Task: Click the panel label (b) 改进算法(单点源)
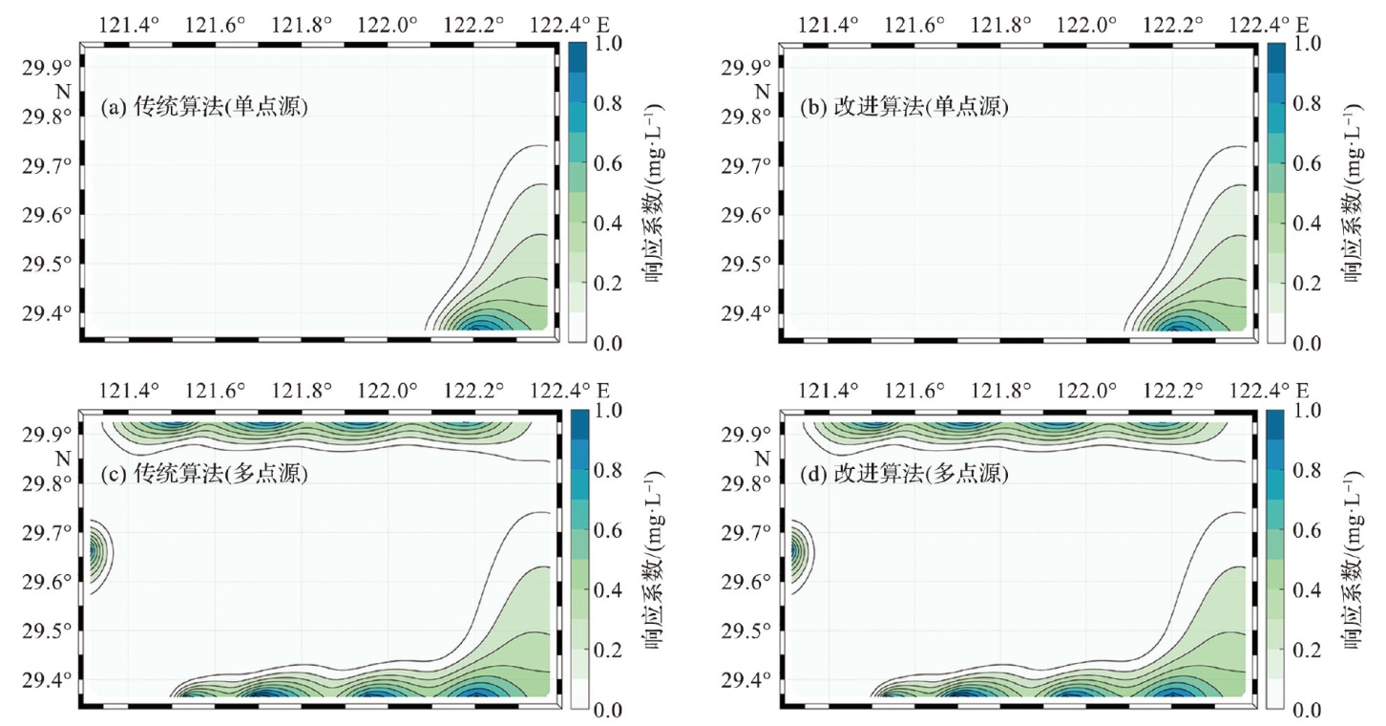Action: click(904, 108)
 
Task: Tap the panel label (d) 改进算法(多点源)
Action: click(904, 473)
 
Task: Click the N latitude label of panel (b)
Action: click(762, 92)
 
